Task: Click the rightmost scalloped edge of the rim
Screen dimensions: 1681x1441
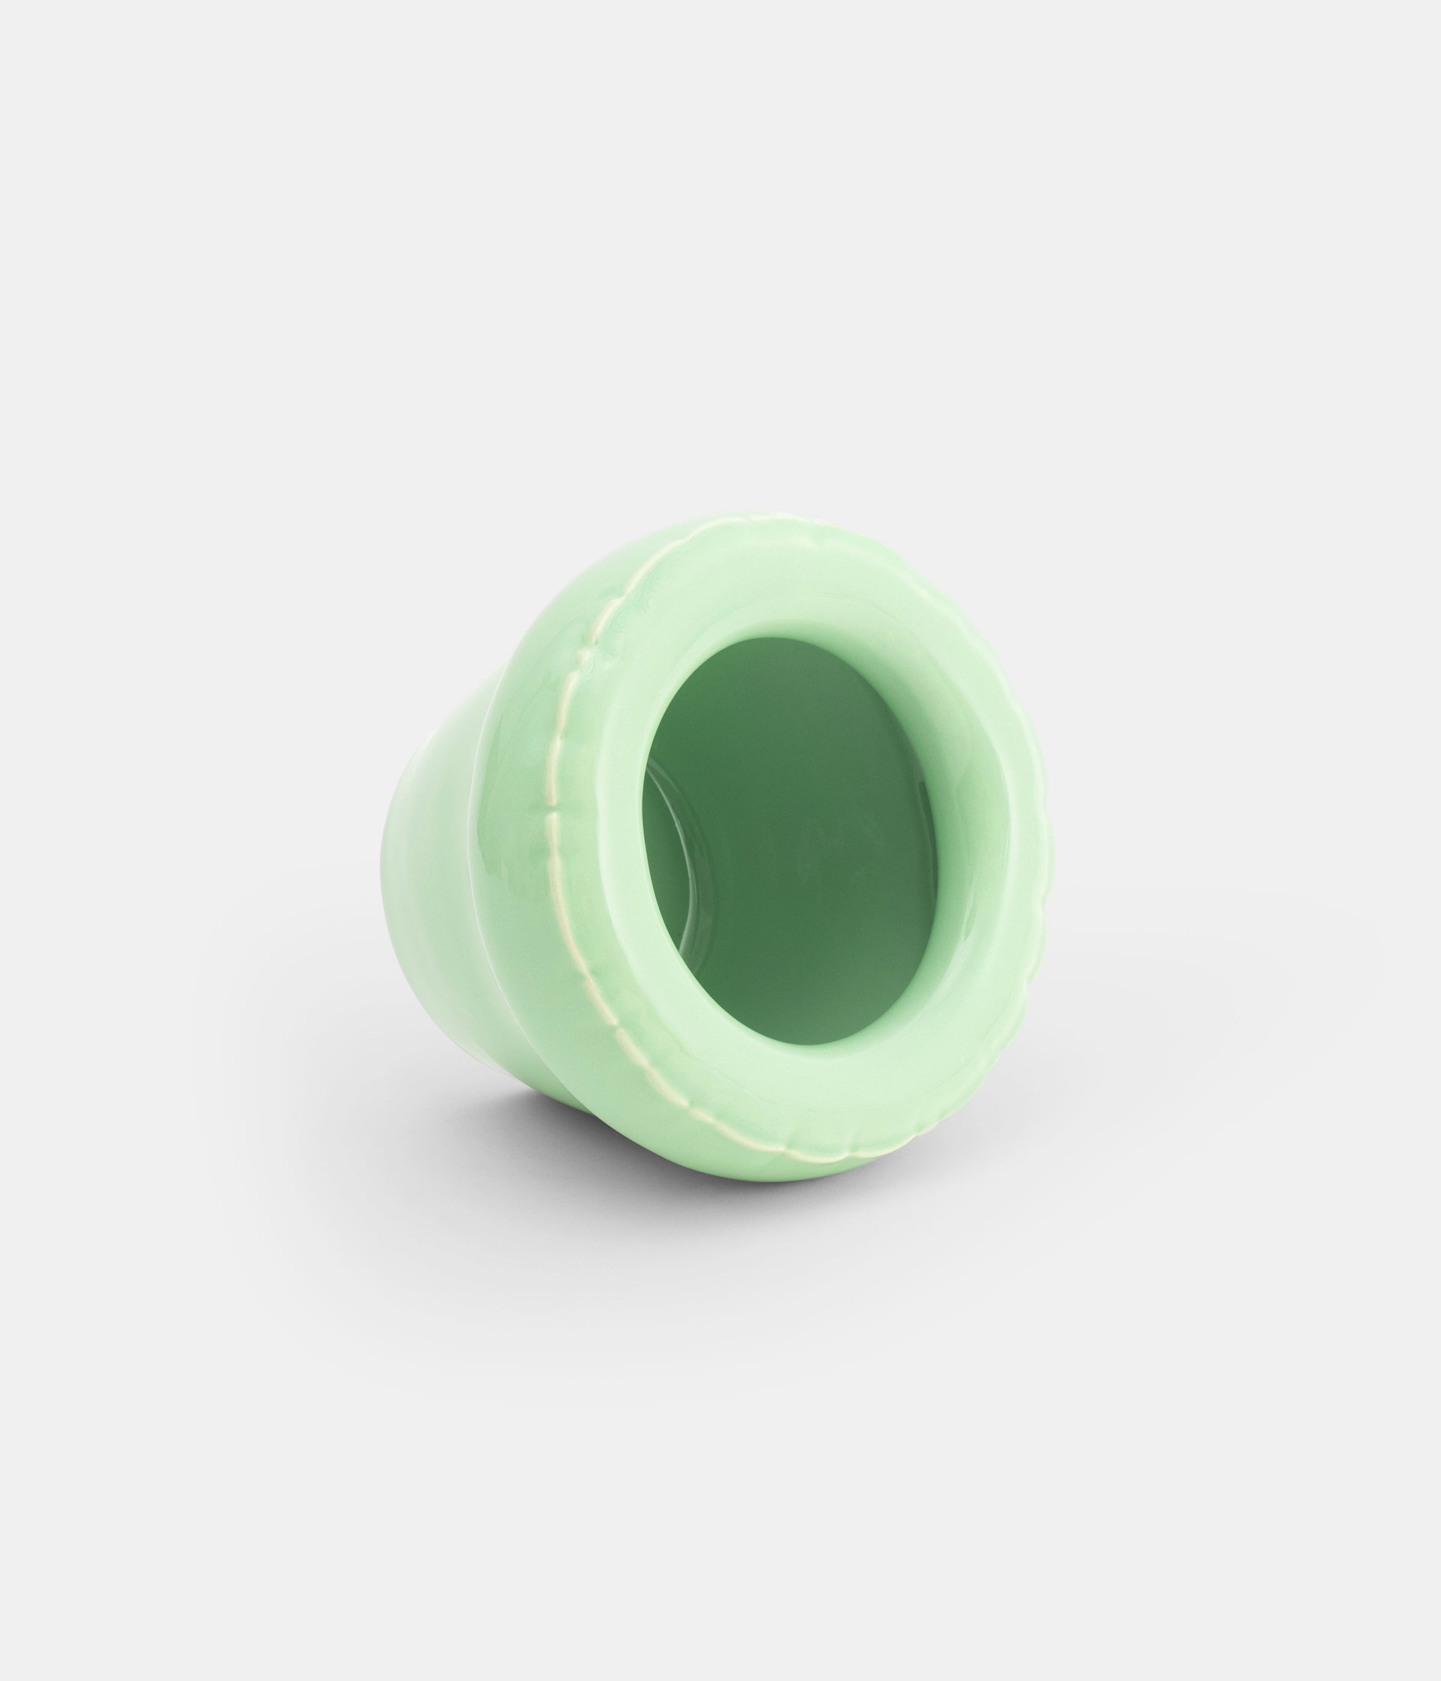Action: point(1047,852)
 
